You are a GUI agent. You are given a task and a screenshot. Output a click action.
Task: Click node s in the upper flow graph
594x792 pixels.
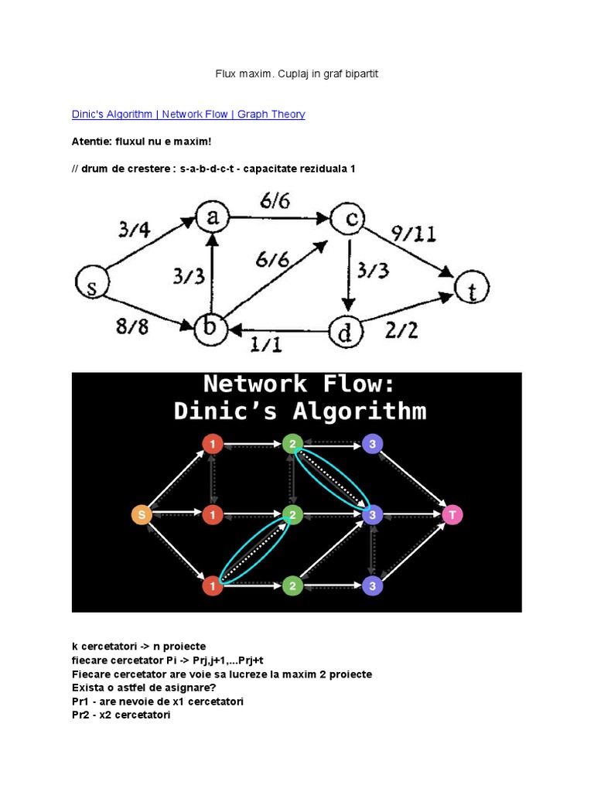pos(92,286)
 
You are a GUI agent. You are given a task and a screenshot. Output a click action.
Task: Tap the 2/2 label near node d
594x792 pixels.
pos(401,332)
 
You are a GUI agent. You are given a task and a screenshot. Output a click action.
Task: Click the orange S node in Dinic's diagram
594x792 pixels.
pos(142,515)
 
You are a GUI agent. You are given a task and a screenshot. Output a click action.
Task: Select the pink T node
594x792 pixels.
pos(453,514)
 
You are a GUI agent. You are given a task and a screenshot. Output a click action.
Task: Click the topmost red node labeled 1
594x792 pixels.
pos(212,444)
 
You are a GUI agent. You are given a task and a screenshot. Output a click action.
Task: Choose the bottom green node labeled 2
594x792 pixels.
pos(292,585)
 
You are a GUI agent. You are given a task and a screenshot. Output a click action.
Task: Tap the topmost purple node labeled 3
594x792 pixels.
pos(373,444)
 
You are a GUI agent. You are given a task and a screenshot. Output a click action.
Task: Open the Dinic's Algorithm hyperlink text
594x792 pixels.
pos(113,114)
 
